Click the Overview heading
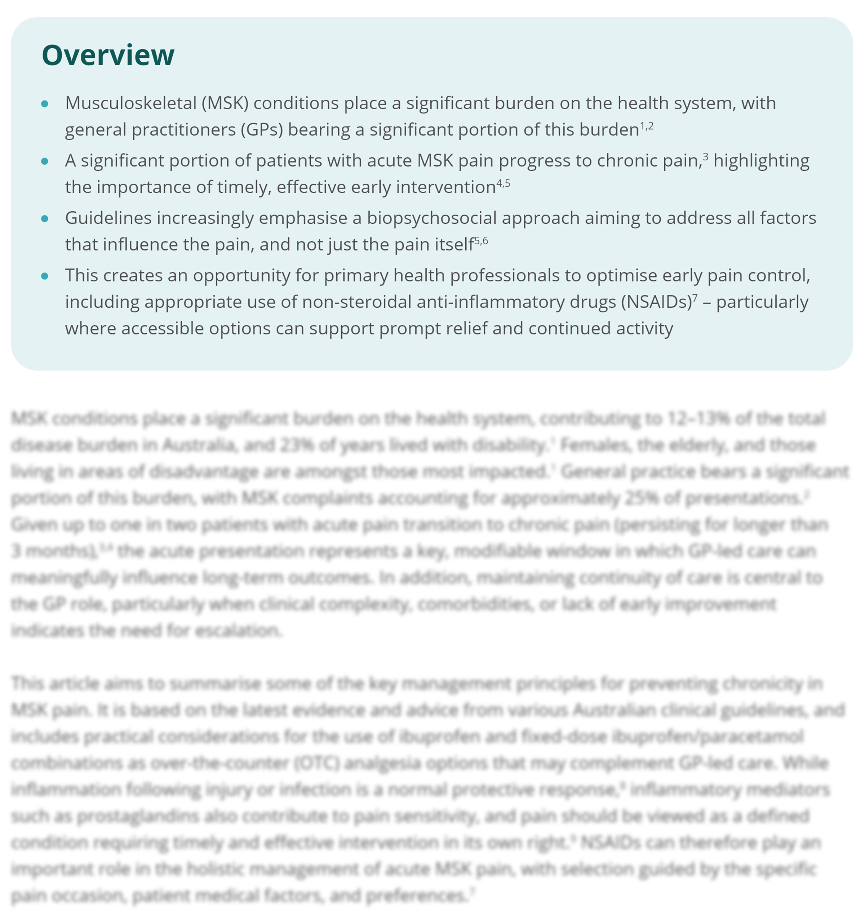click(108, 55)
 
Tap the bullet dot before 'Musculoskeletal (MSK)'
click(45, 104)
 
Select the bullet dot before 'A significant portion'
click(45, 161)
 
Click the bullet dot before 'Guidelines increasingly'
click(45, 219)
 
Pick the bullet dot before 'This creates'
click(45, 276)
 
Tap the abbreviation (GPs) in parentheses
click(262, 130)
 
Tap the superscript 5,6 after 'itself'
click(481, 241)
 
